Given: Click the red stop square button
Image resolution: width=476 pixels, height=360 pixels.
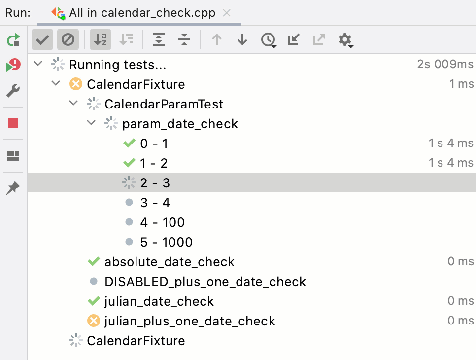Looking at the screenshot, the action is click(x=13, y=123).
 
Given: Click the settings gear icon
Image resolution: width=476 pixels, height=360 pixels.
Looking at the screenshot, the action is click(x=345, y=40).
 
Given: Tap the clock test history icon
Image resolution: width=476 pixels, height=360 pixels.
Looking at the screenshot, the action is click(x=269, y=40).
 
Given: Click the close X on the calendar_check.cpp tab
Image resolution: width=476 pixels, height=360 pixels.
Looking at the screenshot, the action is click(x=227, y=13).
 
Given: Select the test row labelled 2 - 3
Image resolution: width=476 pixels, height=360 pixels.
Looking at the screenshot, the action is click(x=155, y=183).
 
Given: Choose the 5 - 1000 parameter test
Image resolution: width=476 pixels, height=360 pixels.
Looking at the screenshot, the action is click(x=167, y=242).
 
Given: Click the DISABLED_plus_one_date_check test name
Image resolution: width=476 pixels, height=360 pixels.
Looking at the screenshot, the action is click(x=205, y=282).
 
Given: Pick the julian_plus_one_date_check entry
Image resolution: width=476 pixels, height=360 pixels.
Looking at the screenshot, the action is click(x=190, y=321).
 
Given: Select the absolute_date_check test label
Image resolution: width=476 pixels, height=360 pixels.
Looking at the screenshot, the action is click(x=170, y=262).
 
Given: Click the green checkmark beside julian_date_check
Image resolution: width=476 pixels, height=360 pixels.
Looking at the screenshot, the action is click(x=94, y=301).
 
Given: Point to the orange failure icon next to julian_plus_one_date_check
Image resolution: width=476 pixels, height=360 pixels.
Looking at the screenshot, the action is click(x=94, y=321).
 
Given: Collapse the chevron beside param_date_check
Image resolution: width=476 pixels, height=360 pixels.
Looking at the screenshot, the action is click(x=91, y=123).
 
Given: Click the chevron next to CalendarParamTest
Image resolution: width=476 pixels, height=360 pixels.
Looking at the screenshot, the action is click(x=73, y=103).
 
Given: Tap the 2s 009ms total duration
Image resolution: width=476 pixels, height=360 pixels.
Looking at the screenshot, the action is click(x=445, y=64).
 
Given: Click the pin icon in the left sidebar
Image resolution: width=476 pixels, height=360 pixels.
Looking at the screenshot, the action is click(x=13, y=188).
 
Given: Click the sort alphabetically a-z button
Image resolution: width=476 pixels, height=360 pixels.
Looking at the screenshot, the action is click(x=101, y=39).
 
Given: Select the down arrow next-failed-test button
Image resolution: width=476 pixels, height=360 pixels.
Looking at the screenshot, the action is click(x=242, y=40).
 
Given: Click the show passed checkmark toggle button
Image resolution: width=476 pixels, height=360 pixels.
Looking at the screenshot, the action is click(x=42, y=39).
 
